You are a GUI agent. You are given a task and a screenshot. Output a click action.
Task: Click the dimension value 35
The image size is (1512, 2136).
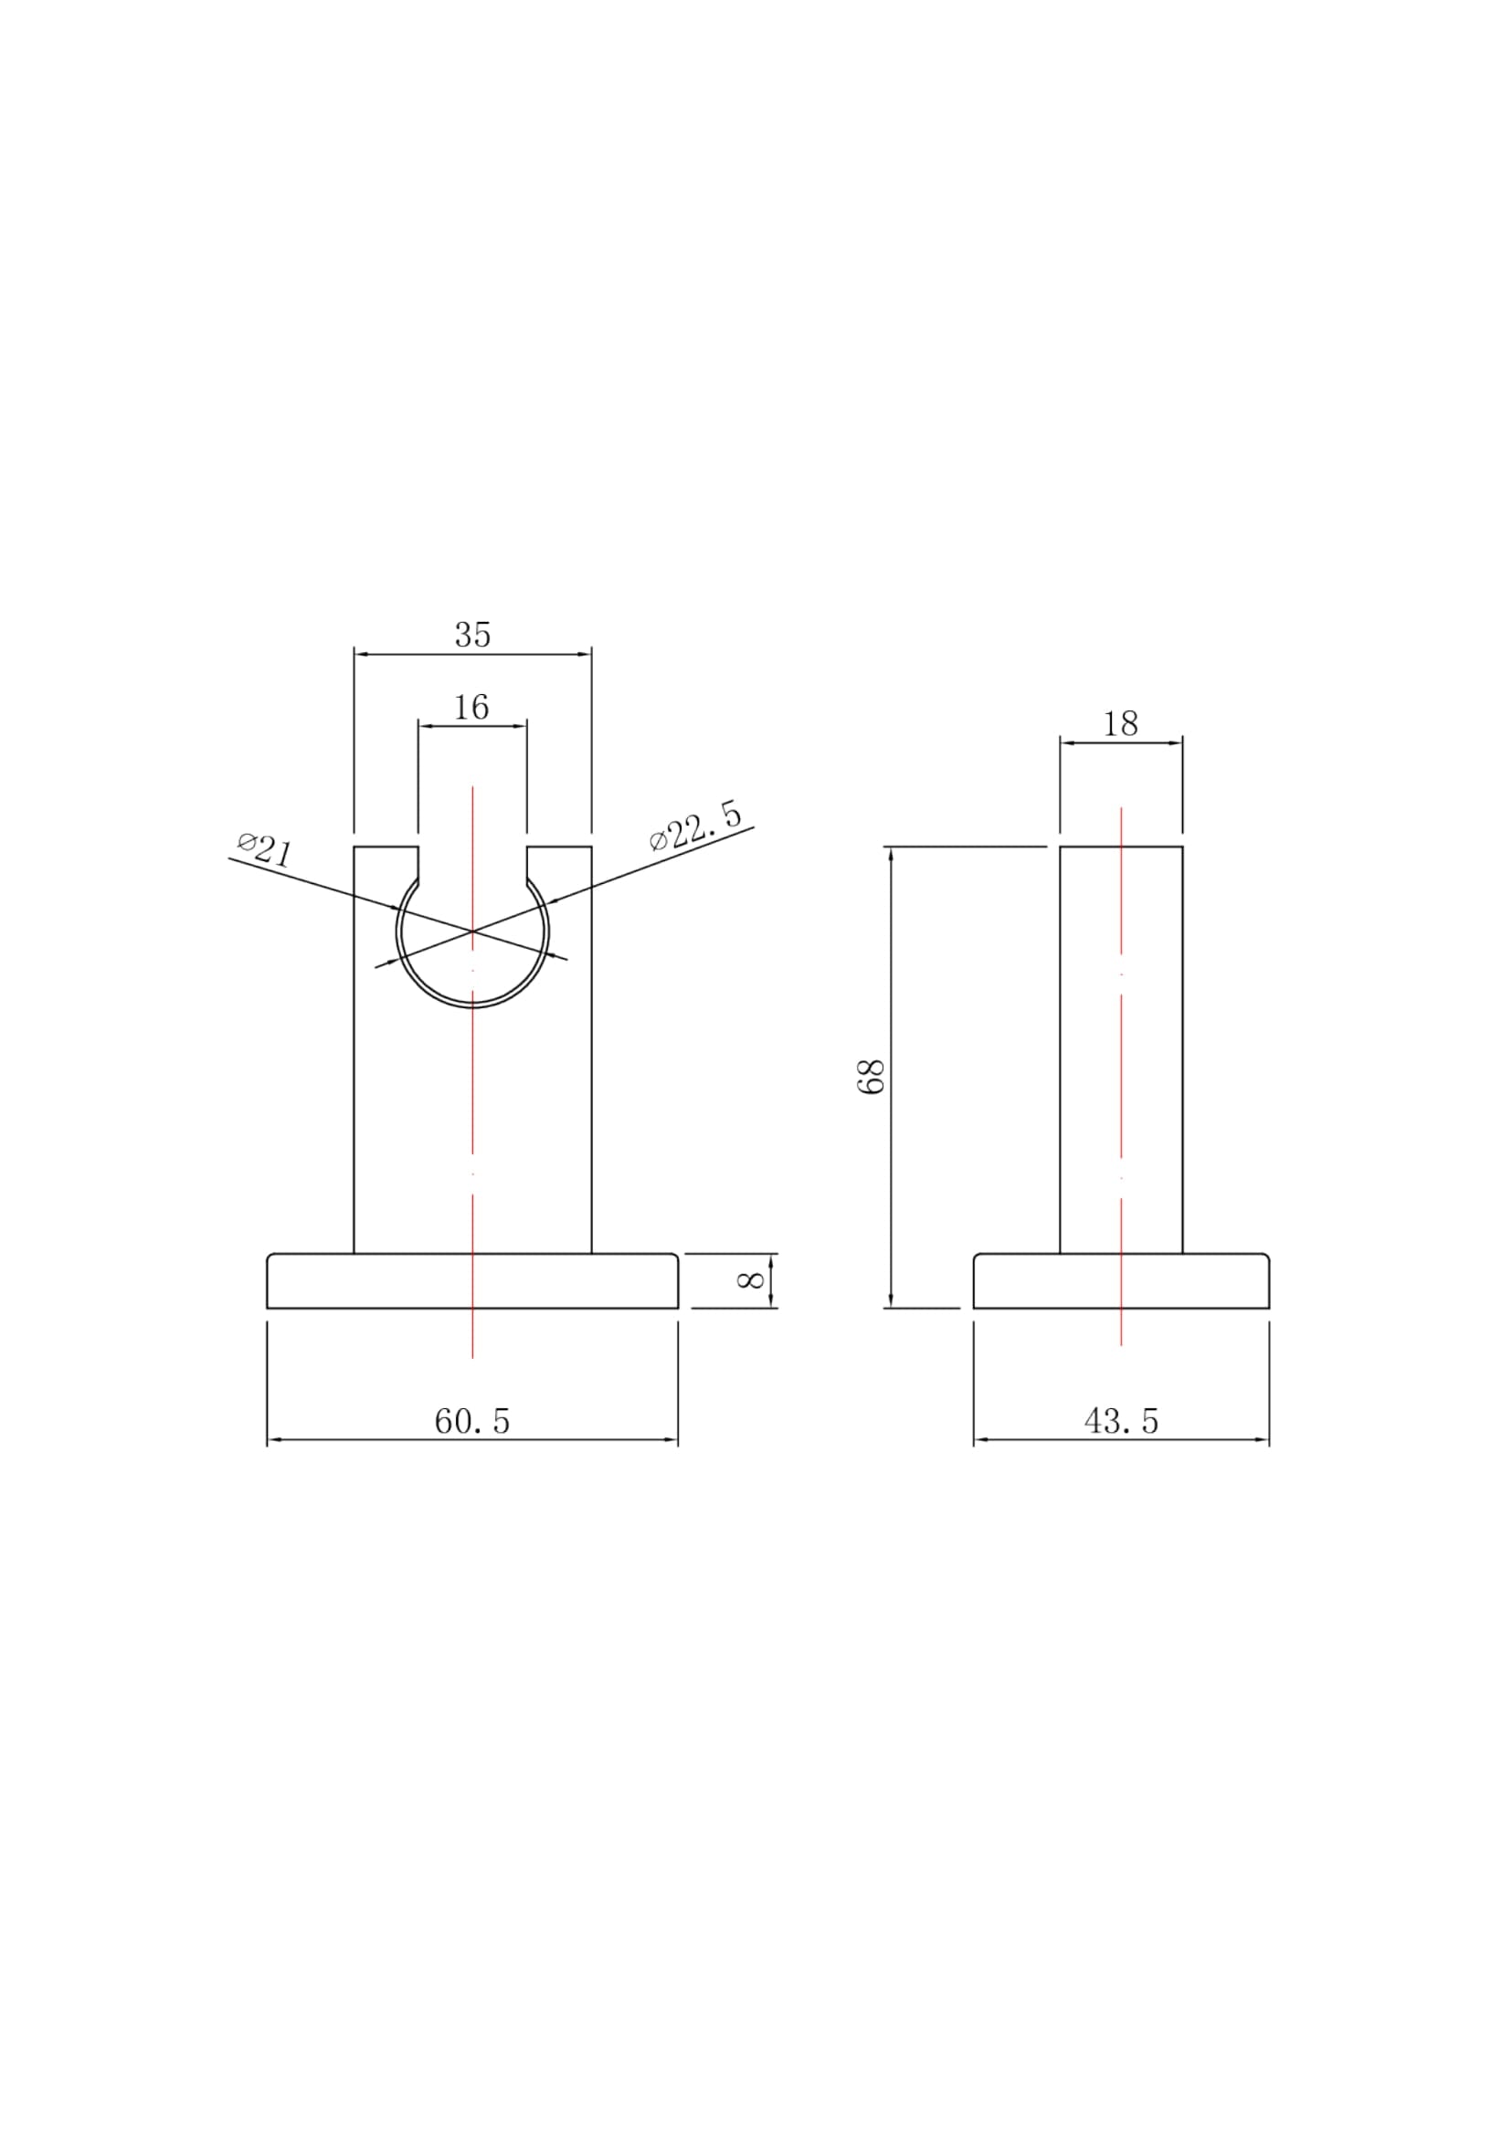(472, 635)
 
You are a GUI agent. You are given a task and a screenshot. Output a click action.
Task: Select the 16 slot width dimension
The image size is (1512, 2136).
(472, 708)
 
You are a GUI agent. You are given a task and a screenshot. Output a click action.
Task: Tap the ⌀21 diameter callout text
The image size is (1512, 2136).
(264, 850)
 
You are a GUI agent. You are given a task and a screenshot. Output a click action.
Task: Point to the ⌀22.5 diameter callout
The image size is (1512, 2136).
(696, 826)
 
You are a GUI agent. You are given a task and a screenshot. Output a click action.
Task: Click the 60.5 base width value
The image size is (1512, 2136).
(472, 1421)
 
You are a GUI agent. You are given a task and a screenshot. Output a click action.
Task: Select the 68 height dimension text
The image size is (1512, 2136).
(871, 1077)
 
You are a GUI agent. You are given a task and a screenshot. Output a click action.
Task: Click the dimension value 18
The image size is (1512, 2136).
(1120, 724)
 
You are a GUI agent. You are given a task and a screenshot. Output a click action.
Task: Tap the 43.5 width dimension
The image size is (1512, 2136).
(1121, 1421)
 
